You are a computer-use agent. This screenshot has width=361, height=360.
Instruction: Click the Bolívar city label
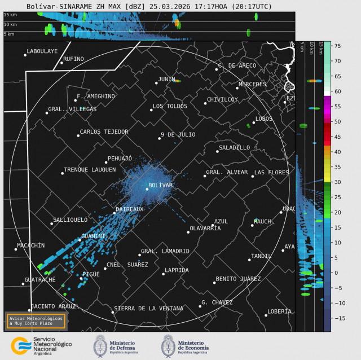click(161, 185)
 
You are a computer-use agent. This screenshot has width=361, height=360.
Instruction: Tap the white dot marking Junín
click(156, 83)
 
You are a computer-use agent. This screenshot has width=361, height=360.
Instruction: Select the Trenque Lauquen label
click(90, 169)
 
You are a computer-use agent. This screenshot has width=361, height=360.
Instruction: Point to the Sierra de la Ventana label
click(148, 308)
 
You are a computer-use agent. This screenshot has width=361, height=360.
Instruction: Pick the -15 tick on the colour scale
click(338, 318)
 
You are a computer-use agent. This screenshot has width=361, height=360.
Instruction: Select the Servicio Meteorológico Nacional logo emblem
click(21, 344)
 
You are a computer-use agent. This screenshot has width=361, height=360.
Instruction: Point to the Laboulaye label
click(42, 51)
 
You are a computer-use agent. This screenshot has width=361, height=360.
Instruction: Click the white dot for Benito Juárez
click(214, 282)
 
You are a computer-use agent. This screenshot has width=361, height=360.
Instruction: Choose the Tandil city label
click(261, 256)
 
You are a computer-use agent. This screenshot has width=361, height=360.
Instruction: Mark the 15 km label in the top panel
click(10, 15)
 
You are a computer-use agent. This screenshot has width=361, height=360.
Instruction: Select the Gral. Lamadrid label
click(165, 251)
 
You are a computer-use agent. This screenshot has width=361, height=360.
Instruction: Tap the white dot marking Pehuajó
click(105, 163)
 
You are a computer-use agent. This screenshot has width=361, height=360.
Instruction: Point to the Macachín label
click(30, 245)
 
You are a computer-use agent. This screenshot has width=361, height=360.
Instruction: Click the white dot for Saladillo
click(217, 151)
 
